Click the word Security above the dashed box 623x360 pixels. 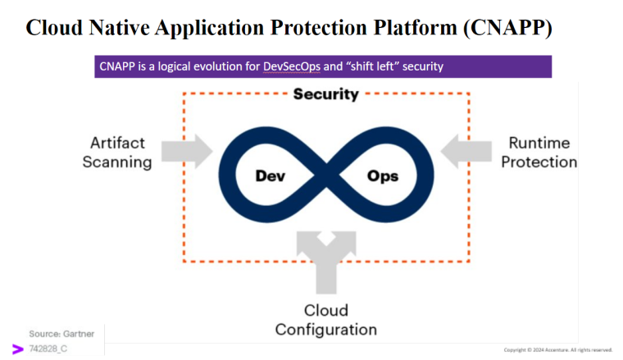pos(326,93)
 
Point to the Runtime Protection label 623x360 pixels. pos(539,153)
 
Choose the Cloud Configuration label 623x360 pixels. pos(326,320)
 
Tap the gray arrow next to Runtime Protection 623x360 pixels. pos(465,150)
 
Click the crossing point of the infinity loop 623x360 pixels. pos(326,175)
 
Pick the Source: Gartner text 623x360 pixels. pos(61,334)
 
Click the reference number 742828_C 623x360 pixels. pos(48,349)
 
